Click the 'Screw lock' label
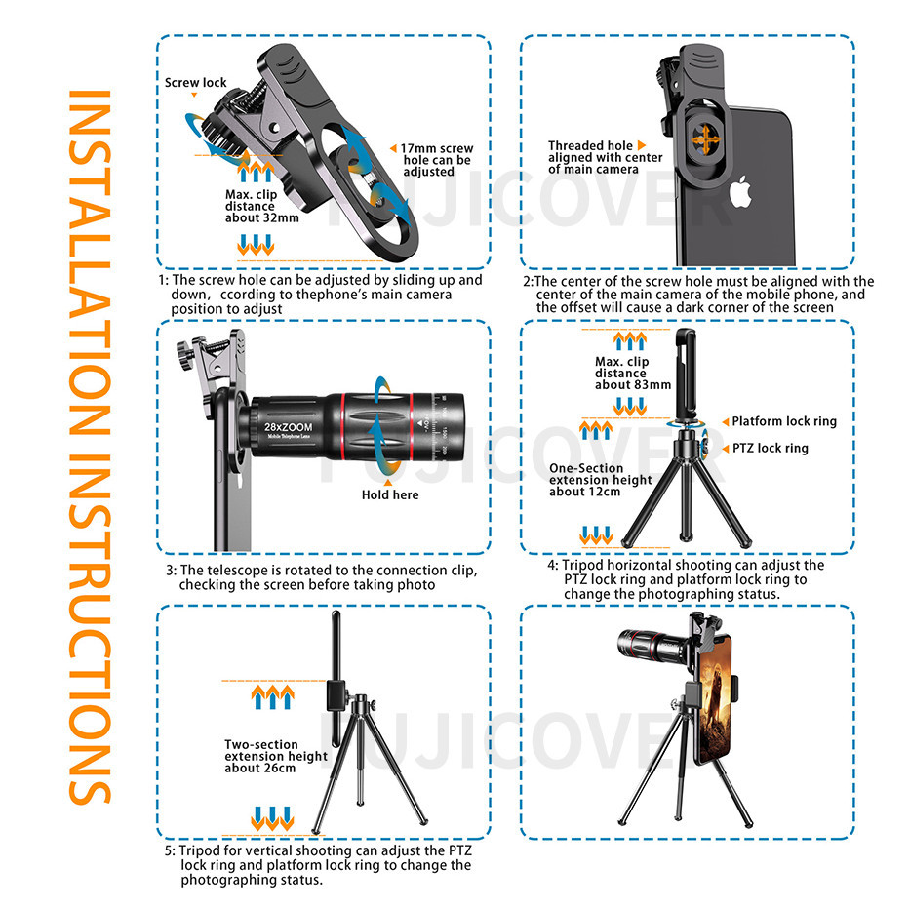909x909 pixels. click(195, 82)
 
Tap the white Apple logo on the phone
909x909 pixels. click(740, 192)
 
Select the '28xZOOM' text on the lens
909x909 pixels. click(288, 427)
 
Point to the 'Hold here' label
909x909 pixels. click(389, 494)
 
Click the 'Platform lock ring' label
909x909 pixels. click(784, 421)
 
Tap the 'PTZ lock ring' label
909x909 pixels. click(770, 448)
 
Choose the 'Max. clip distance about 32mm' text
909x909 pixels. click(262, 207)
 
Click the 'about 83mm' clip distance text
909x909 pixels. click(632, 385)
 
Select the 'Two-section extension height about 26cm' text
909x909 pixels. click(275, 756)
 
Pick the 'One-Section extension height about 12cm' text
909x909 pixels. click(600, 480)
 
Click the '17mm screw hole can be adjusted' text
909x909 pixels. click(437, 160)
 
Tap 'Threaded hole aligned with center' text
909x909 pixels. click(605, 151)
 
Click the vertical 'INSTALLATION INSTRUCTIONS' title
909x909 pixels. click(90, 447)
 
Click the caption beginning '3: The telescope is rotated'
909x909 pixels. click(322, 577)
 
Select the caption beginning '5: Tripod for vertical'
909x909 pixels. click(318, 865)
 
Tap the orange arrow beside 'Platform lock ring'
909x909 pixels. click(726, 422)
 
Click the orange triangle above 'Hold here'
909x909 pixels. click(388, 483)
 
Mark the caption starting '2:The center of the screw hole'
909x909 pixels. click(698, 295)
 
